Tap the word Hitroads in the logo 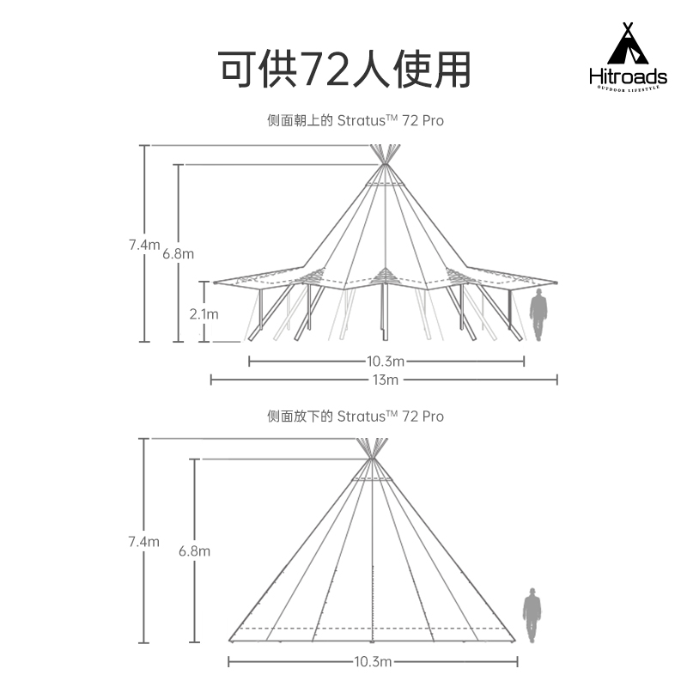tap(628, 77)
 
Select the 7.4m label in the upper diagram tap(144, 245)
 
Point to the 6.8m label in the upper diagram tap(178, 253)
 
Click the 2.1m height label tap(204, 314)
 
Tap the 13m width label tap(386, 380)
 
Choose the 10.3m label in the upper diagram tap(386, 362)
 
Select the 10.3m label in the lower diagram tap(373, 661)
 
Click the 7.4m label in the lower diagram tap(143, 542)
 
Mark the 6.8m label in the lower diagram tap(194, 551)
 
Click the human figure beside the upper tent tap(538, 315)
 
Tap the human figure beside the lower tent tap(532, 615)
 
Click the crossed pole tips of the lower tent tap(373, 448)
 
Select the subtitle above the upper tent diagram tap(356, 121)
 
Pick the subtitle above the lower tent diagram tap(356, 416)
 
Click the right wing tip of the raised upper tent tap(555, 281)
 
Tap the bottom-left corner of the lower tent tap(230, 640)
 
